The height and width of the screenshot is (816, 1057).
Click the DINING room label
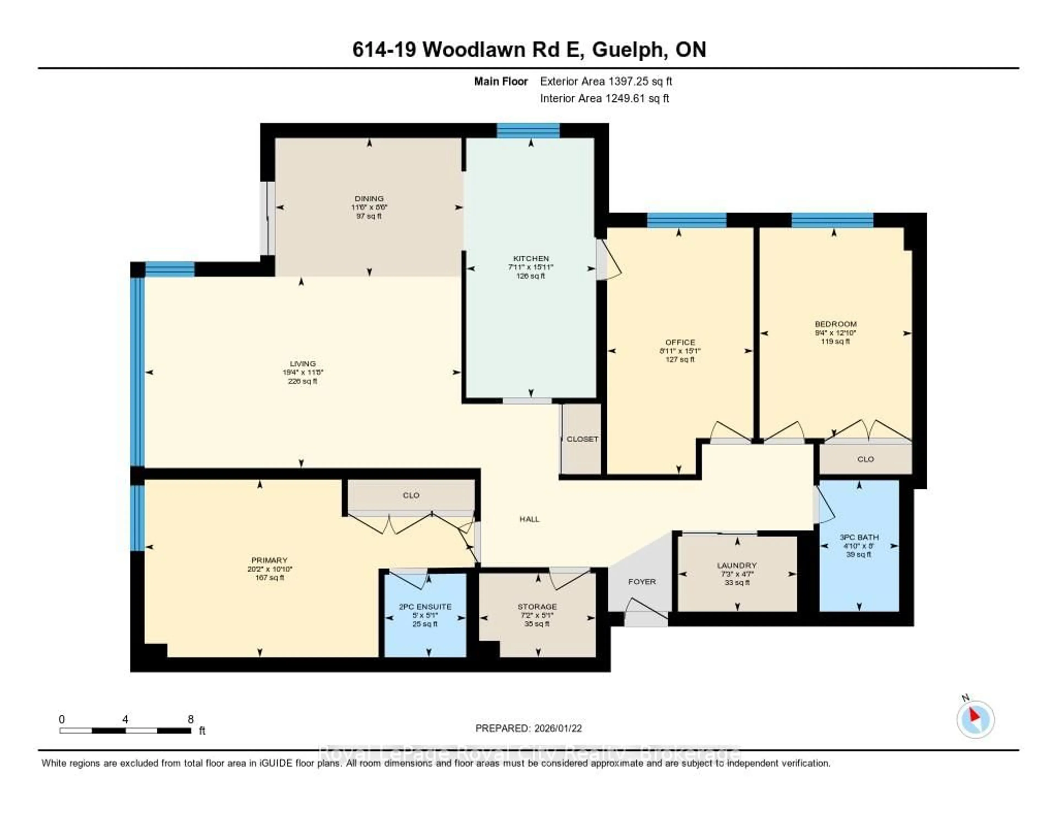click(x=369, y=198)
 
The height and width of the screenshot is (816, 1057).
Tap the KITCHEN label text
click(x=531, y=258)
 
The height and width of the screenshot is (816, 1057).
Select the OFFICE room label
click(x=680, y=342)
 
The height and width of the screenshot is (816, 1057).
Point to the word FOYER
click(x=642, y=581)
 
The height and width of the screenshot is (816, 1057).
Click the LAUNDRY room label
click(x=737, y=565)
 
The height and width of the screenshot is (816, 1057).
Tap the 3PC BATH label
click(x=859, y=537)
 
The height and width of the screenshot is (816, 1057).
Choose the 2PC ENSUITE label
click(x=425, y=607)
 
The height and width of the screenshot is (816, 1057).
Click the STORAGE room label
click(x=537, y=607)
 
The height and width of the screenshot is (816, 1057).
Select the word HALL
click(x=530, y=519)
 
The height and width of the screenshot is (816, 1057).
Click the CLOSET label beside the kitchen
click(x=582, y=439)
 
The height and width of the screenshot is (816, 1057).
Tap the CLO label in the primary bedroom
click(x=411, y=495)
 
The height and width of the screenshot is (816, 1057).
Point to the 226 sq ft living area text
click(x=303, y=381)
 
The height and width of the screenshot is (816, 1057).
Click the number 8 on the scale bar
click(x=191, y=719)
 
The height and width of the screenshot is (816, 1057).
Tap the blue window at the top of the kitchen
click(x=528, y=131)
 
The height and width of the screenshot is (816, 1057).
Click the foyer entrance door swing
click(x=646, y=611)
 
